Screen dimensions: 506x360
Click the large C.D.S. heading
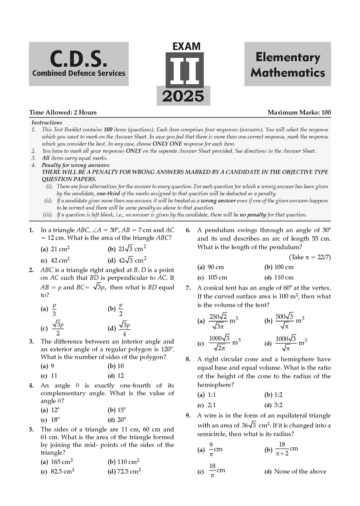coord(78,59)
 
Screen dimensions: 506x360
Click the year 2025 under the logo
coord(183,96)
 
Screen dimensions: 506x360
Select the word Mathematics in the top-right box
coord(288,73)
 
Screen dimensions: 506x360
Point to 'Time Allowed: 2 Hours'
coord(63,112)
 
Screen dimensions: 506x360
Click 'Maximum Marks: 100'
coord(299,112)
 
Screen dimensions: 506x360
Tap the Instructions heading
coord(47,123)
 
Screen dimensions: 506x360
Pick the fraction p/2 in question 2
coord(121,309)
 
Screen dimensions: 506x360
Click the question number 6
coord(188,231)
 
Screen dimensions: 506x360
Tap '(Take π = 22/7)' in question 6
coord(310,257)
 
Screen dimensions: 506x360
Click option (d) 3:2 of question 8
coord(278,405)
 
